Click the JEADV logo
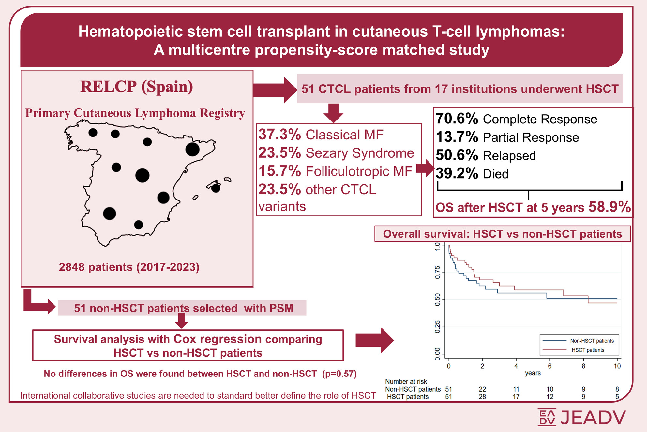(581, 417)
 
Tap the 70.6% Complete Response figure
(457, 119)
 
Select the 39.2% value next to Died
(457, 174)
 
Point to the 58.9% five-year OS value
(609, 207)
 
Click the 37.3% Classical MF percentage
(279, 135)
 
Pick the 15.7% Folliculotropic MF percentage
(279, 171)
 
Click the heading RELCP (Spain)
(137, 87)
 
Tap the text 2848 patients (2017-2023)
(129, 267)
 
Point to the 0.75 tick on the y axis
(438, 272)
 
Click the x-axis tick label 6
(550, 366)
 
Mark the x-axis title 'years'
(533, 373)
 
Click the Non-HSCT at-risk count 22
(482, 389)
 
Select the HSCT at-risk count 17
(516, 397)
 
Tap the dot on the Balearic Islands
(216, 188)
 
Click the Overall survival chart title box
(502, 234)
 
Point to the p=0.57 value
(339, 374)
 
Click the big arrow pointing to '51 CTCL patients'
(274, 90)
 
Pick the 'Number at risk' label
(406, 381)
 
